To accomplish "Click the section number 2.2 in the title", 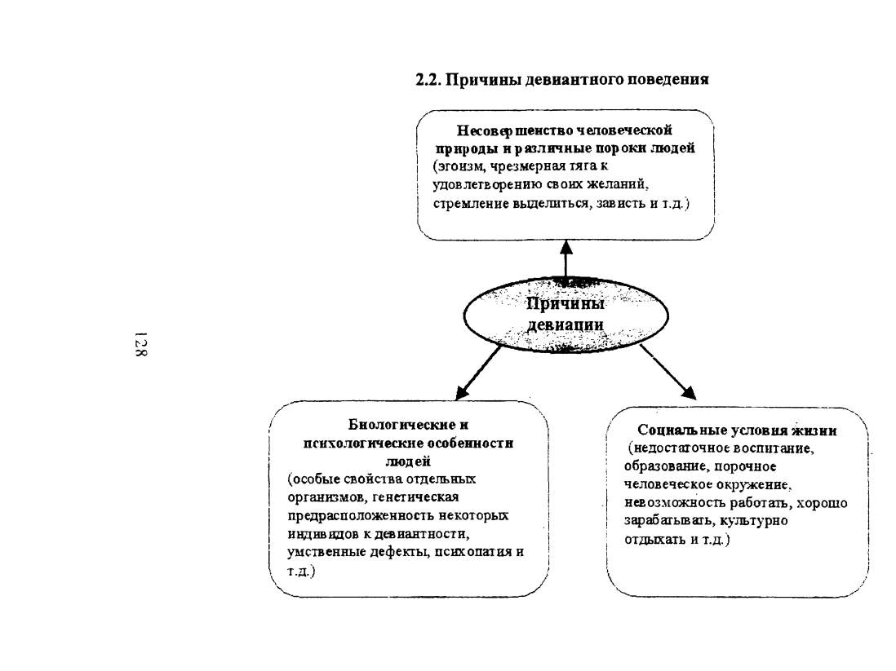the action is pyautogui.click(x=428, y=79).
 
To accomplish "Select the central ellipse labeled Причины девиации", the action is pyautogui.click(x=566, y=316).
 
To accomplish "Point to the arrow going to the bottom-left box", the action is pyautogui.click(x=478, y=373).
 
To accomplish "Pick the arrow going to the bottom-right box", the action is pyautogui.click(x=668, y=372).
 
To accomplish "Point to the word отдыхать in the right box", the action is pyautogui.click(x=654, y=540).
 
